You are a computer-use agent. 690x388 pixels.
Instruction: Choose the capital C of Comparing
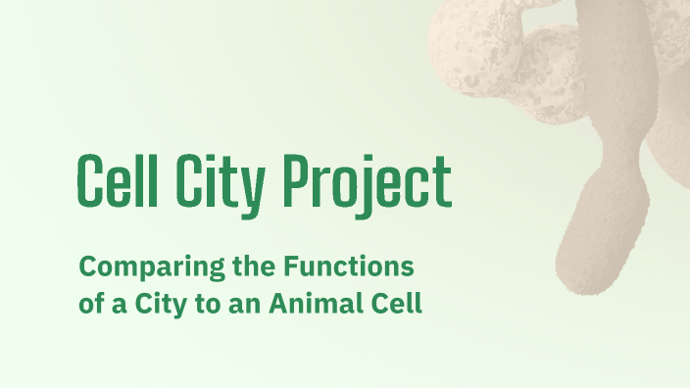click(86, 266)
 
